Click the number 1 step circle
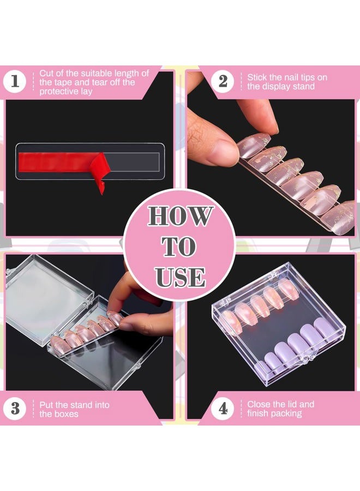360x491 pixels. [15, 82]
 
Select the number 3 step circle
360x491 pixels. [15, 409]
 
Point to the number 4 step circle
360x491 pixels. [223, 409]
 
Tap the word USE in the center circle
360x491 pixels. [180, 277]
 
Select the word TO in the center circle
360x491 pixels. [179, 247]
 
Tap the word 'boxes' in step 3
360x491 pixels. [66, 414]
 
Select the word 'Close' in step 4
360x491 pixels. [259, 404]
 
